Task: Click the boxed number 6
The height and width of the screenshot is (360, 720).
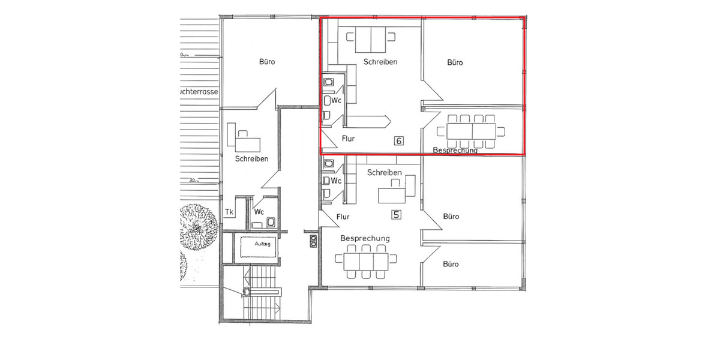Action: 398,141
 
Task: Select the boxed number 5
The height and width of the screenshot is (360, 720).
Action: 395,214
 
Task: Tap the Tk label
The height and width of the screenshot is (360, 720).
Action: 229,212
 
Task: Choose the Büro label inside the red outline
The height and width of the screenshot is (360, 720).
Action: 455,62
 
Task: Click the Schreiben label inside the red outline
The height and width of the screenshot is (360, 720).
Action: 380,62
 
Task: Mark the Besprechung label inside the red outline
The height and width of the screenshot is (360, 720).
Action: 455,150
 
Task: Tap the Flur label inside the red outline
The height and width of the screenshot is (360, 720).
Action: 348,139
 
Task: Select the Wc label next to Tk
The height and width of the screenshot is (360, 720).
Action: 259,212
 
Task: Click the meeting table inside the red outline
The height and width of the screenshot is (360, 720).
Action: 472,131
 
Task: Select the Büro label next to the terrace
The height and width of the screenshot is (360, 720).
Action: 268,62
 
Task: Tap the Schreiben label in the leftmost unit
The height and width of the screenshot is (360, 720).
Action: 251,159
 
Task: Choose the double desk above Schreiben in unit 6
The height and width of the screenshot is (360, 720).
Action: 371,40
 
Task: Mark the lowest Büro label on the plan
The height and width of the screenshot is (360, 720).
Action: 451,264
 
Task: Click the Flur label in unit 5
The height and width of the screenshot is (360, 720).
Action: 343,217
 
